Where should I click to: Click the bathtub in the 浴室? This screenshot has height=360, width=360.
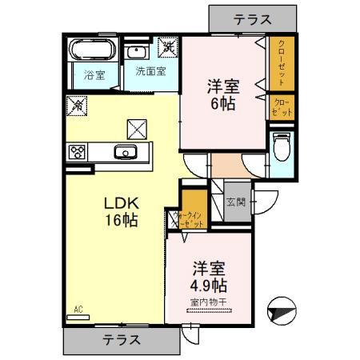tap(91, 52)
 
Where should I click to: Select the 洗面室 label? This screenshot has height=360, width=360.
tap(150, 70)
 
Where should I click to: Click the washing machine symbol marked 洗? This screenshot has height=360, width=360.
tap(168, 46)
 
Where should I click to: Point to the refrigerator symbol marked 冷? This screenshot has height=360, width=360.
tap(78, 104)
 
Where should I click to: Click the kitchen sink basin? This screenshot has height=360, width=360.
tap(125, 153)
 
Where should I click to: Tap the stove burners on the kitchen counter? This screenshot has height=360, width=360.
tap(79, 151)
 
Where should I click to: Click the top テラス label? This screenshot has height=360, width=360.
tap(252, 18)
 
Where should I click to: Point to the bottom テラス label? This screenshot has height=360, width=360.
tap(122, 339)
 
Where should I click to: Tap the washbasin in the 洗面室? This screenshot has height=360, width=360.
tap(135, 52)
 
